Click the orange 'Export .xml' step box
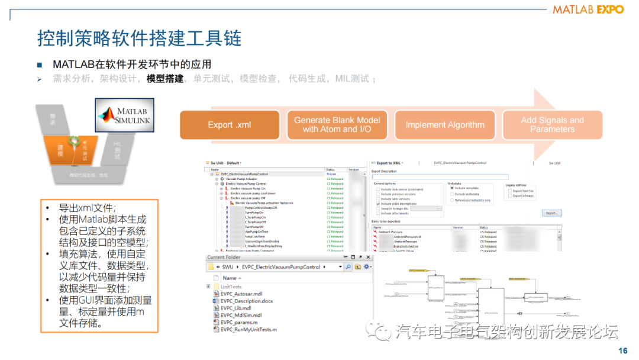(x=229, y=125)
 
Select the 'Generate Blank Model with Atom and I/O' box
(x=337, y=125)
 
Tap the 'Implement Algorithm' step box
(x=444, y=125)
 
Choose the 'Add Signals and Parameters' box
(x=551, y=125)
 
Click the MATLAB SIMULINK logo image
(x=124, y=115)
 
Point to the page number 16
(x=622, y=351)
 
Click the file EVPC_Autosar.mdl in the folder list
(x=241, y=294)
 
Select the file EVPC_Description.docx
(x=247, y=301)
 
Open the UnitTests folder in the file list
(x=231, y=287)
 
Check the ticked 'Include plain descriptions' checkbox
(x=379, y=204)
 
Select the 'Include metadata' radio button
(x=452, y=188)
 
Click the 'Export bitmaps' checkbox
(x=510, y=195)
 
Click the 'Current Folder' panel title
(x=224, y=257)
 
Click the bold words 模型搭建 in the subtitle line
(x=165, y=79)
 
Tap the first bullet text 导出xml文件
(x=88, y=208)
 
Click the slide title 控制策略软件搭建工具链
(x=139, y=39)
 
